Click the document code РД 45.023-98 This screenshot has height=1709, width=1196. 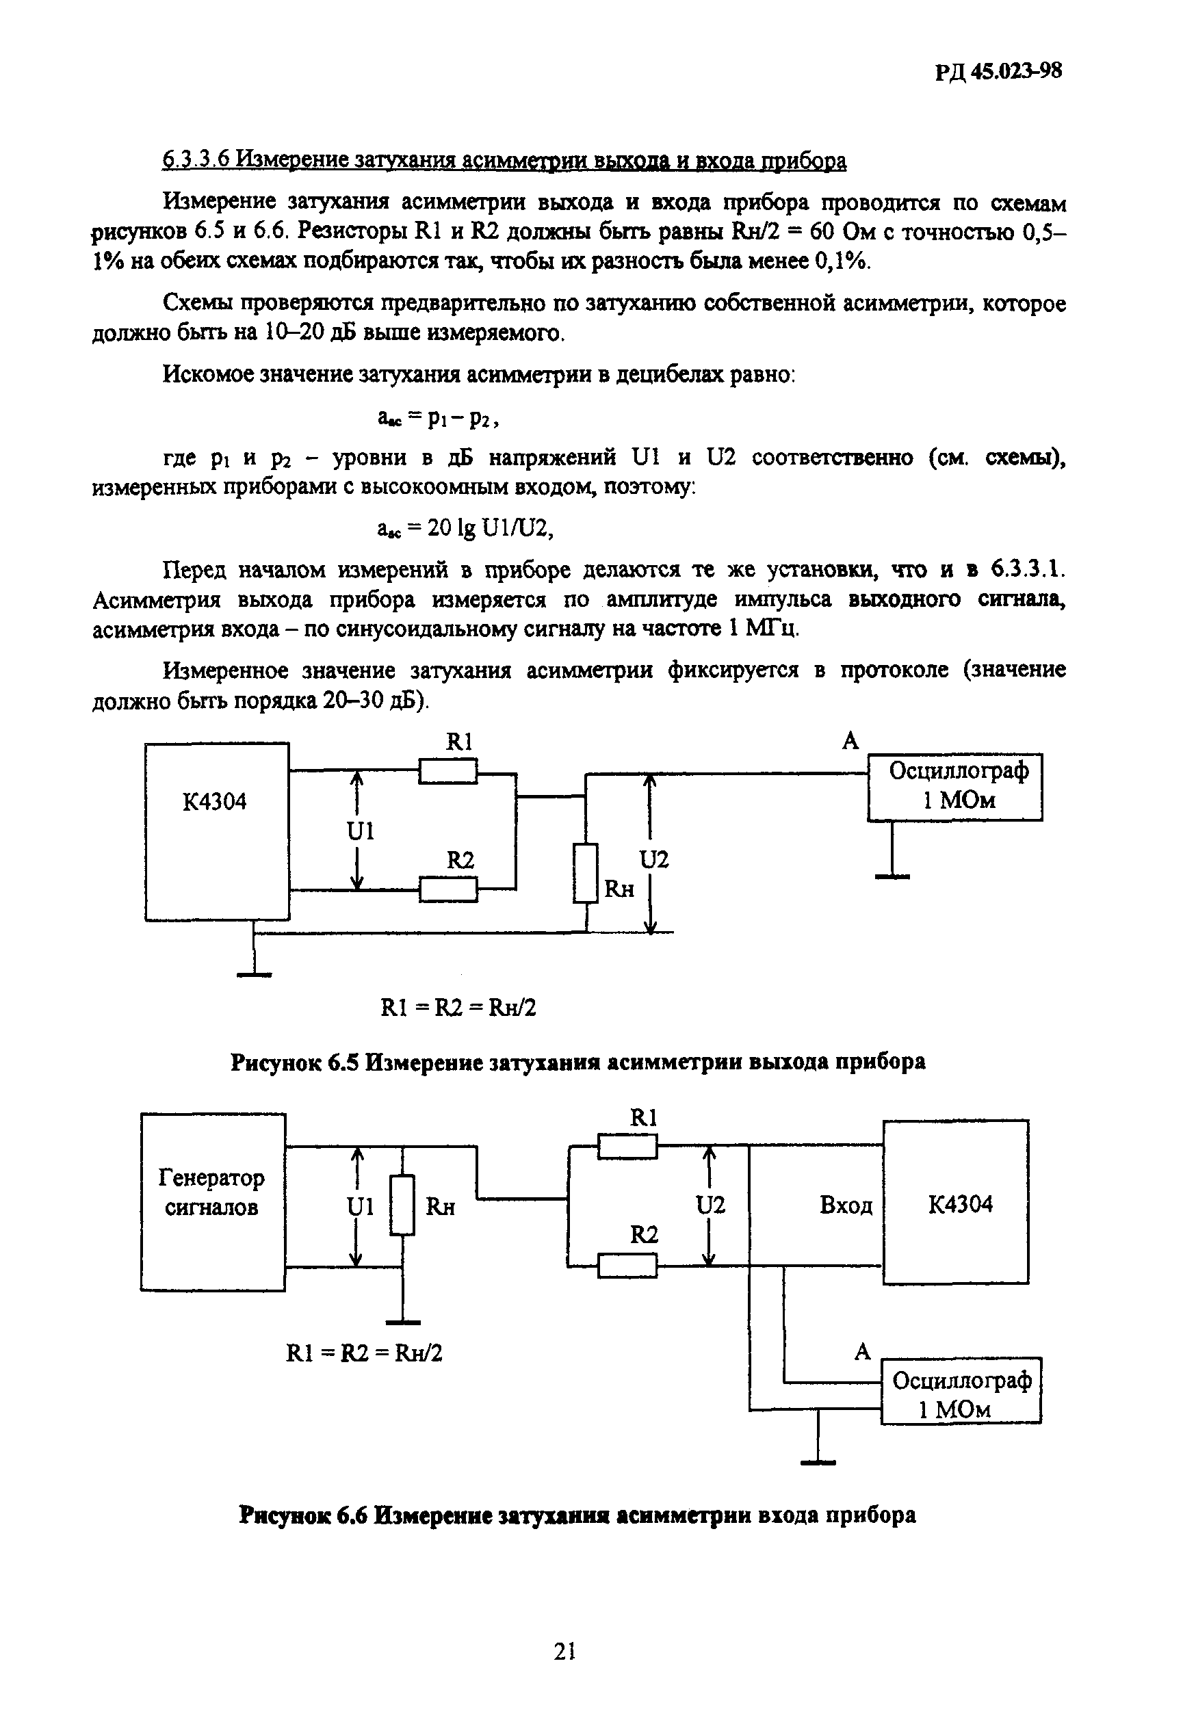tap(998, 71)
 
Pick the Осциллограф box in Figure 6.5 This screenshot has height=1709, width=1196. tap(955, 786)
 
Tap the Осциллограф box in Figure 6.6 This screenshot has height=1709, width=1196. tap(960, 1390)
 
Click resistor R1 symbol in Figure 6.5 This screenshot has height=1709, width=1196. tap(447, 771)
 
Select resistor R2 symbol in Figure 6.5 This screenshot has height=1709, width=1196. tap(447, 889)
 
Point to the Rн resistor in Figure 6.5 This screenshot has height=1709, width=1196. tap(586, 873)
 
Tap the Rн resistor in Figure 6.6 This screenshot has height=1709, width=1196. tap(402, 1204)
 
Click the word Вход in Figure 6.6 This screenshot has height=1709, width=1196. tap(846, 1205)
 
